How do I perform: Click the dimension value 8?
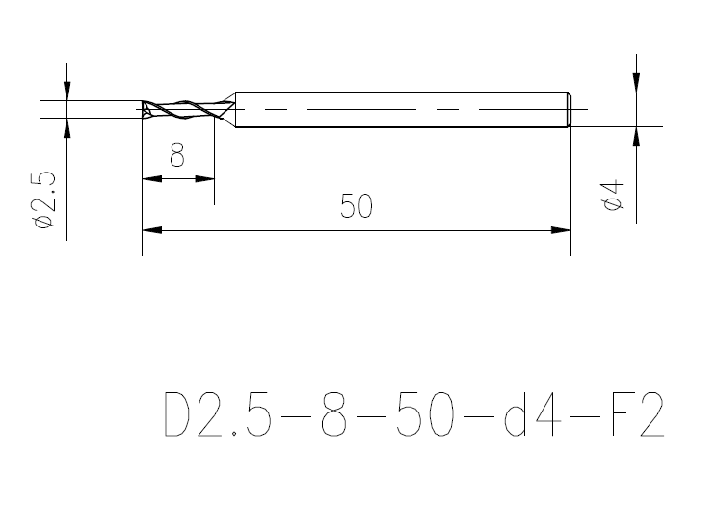pyautogui.click(x=177, y=155)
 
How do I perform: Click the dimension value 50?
pyautogui.click(x=357, y=207)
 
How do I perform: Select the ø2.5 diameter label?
pyautogui.click(x=45, y=200)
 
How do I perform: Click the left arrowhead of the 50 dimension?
pyautogui.click(x=152, y=230)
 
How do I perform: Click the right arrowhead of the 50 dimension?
pyautogui.click(x=561, y=230)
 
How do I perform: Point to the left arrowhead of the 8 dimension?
pyautogui.click(x=151, y=178)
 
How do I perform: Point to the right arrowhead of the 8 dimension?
pyautogui.click(x=204, y=178)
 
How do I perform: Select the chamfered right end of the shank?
pyautogui.click(x=568, y=109)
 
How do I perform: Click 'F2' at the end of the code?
pyautogui.click(x=637, y=414)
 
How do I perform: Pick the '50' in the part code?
pyautogui.click(x=427, y=414)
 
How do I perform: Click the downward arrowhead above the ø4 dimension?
pyautogui.click(x=636, y=83)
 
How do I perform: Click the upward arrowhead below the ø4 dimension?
pyautogui.click(x=636, y=137)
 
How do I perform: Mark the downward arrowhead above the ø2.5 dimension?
pyautogui.click(x=66, y=90)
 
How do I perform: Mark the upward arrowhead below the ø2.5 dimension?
pyautogui.click(x=66, y=128)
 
